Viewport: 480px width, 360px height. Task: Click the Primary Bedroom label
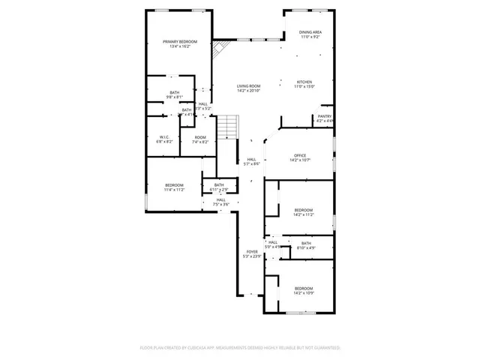point(181,41)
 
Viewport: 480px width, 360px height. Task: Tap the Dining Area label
point(310,31)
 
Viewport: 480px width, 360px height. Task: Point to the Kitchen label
point(304,82)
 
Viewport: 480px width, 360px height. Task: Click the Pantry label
point(324,116)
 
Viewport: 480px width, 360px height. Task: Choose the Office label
point(300,155)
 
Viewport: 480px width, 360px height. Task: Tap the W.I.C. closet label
point(165,136)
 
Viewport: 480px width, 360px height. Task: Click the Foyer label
point(251,251)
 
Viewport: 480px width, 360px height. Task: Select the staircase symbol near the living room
point(228,127)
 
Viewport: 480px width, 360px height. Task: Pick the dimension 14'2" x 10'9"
point(303,293)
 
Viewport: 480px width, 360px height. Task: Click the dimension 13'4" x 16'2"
point(181,46)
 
